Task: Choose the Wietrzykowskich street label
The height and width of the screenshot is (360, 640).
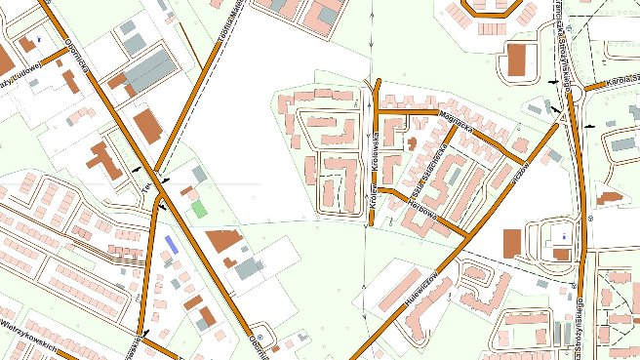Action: pos(34,335)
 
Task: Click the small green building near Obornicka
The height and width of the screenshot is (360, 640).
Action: pos(199,209)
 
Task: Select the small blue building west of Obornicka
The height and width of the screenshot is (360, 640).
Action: pos(172,244)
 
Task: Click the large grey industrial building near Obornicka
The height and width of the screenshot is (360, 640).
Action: pos(150,70)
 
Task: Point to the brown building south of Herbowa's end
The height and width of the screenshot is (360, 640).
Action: pos(511,243)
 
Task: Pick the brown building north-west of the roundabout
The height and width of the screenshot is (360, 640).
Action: pos(516,58)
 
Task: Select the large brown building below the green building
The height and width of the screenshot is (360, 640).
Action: pos(222,240)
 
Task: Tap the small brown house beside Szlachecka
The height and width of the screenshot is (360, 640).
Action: pos(412,142)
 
